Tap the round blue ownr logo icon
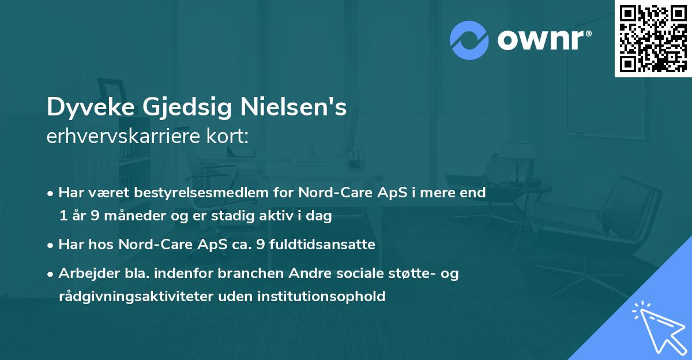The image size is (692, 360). (469, 40)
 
